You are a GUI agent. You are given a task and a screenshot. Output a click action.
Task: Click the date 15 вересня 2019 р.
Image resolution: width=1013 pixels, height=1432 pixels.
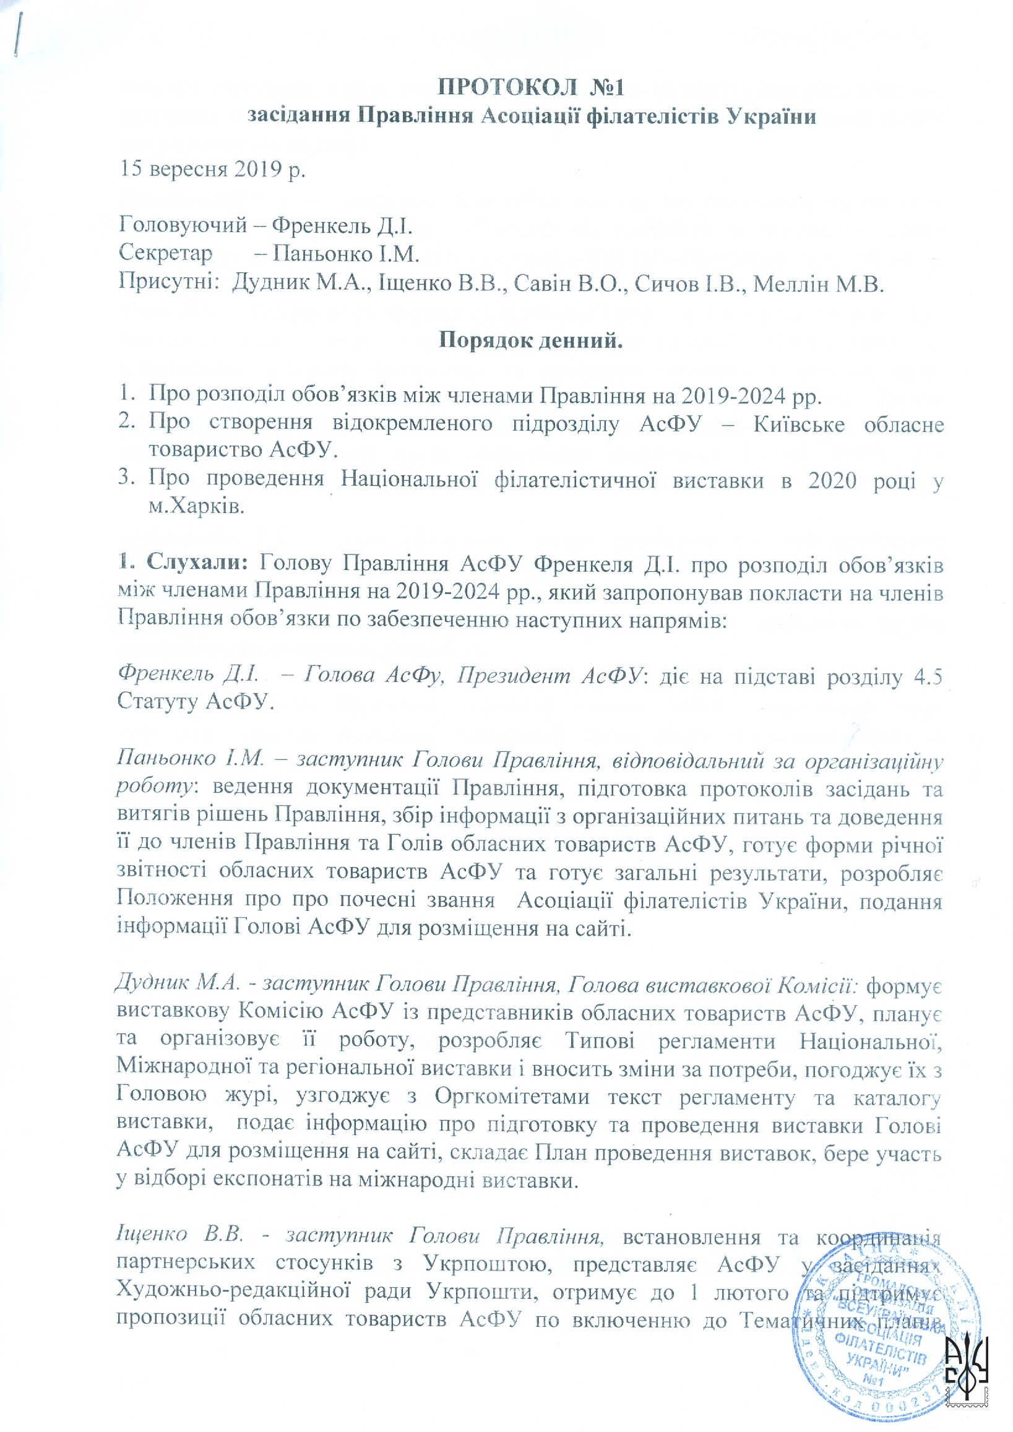(x=212, y=168)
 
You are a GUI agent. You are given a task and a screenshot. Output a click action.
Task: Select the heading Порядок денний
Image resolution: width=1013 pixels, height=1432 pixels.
(x=530, y=340)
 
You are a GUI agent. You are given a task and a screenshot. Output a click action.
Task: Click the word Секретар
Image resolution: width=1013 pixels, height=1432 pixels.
(x=165, y=253)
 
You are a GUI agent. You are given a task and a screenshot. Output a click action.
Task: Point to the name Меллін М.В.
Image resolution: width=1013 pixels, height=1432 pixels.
(x=819, y=284)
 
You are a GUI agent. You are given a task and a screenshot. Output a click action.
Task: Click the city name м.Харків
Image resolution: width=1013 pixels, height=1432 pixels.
(x=196, y=506)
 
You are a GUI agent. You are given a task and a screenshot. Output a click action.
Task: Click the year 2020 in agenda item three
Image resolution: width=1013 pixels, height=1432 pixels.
(x=832, y=480)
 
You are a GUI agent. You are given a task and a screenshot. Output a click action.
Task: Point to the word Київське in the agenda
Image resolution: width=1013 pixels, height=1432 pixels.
(x=798, y=424)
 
